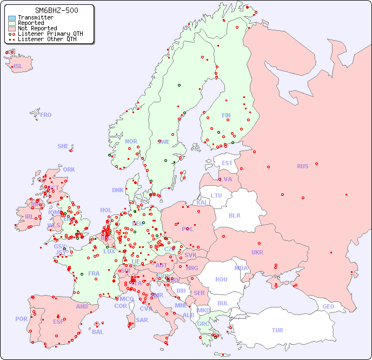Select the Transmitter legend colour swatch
tap(12, 18)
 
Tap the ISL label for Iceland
tap(18, 67)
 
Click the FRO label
tap(46, 115)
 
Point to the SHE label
tap(63, 146)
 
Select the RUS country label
tap(302, 166)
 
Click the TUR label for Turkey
tap(277, 330)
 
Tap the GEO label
tap(328, 306)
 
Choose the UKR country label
tap(257, 252)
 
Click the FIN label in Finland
tap(226, 115)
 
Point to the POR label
tap(21, 319)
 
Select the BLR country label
tap(235, 215)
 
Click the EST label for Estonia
tap(227, 163)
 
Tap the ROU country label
tap(221, 279)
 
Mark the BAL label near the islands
tap(98, 332)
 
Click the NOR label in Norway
tap(131, 141)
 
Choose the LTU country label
tap(216, 195)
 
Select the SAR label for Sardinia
tap(142, 320)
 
